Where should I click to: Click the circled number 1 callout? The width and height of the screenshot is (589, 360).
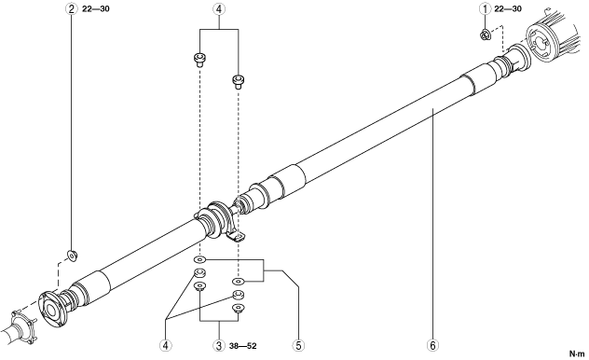point(486,8)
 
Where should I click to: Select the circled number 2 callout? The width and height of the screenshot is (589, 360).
point(72,8)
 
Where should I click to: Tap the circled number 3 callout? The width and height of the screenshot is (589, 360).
point(219,346)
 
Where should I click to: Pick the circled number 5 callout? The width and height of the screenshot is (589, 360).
point(298,346)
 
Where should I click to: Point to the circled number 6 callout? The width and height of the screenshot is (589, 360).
point(432,346)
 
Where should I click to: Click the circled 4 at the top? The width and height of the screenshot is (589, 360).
point(219,8)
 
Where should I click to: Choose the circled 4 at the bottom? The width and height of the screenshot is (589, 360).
point(165,346)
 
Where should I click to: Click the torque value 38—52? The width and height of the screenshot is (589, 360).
point(242,346)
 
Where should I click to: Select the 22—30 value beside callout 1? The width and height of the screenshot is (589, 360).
point(508,8)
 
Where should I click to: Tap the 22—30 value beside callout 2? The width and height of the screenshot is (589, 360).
point(96,8)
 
